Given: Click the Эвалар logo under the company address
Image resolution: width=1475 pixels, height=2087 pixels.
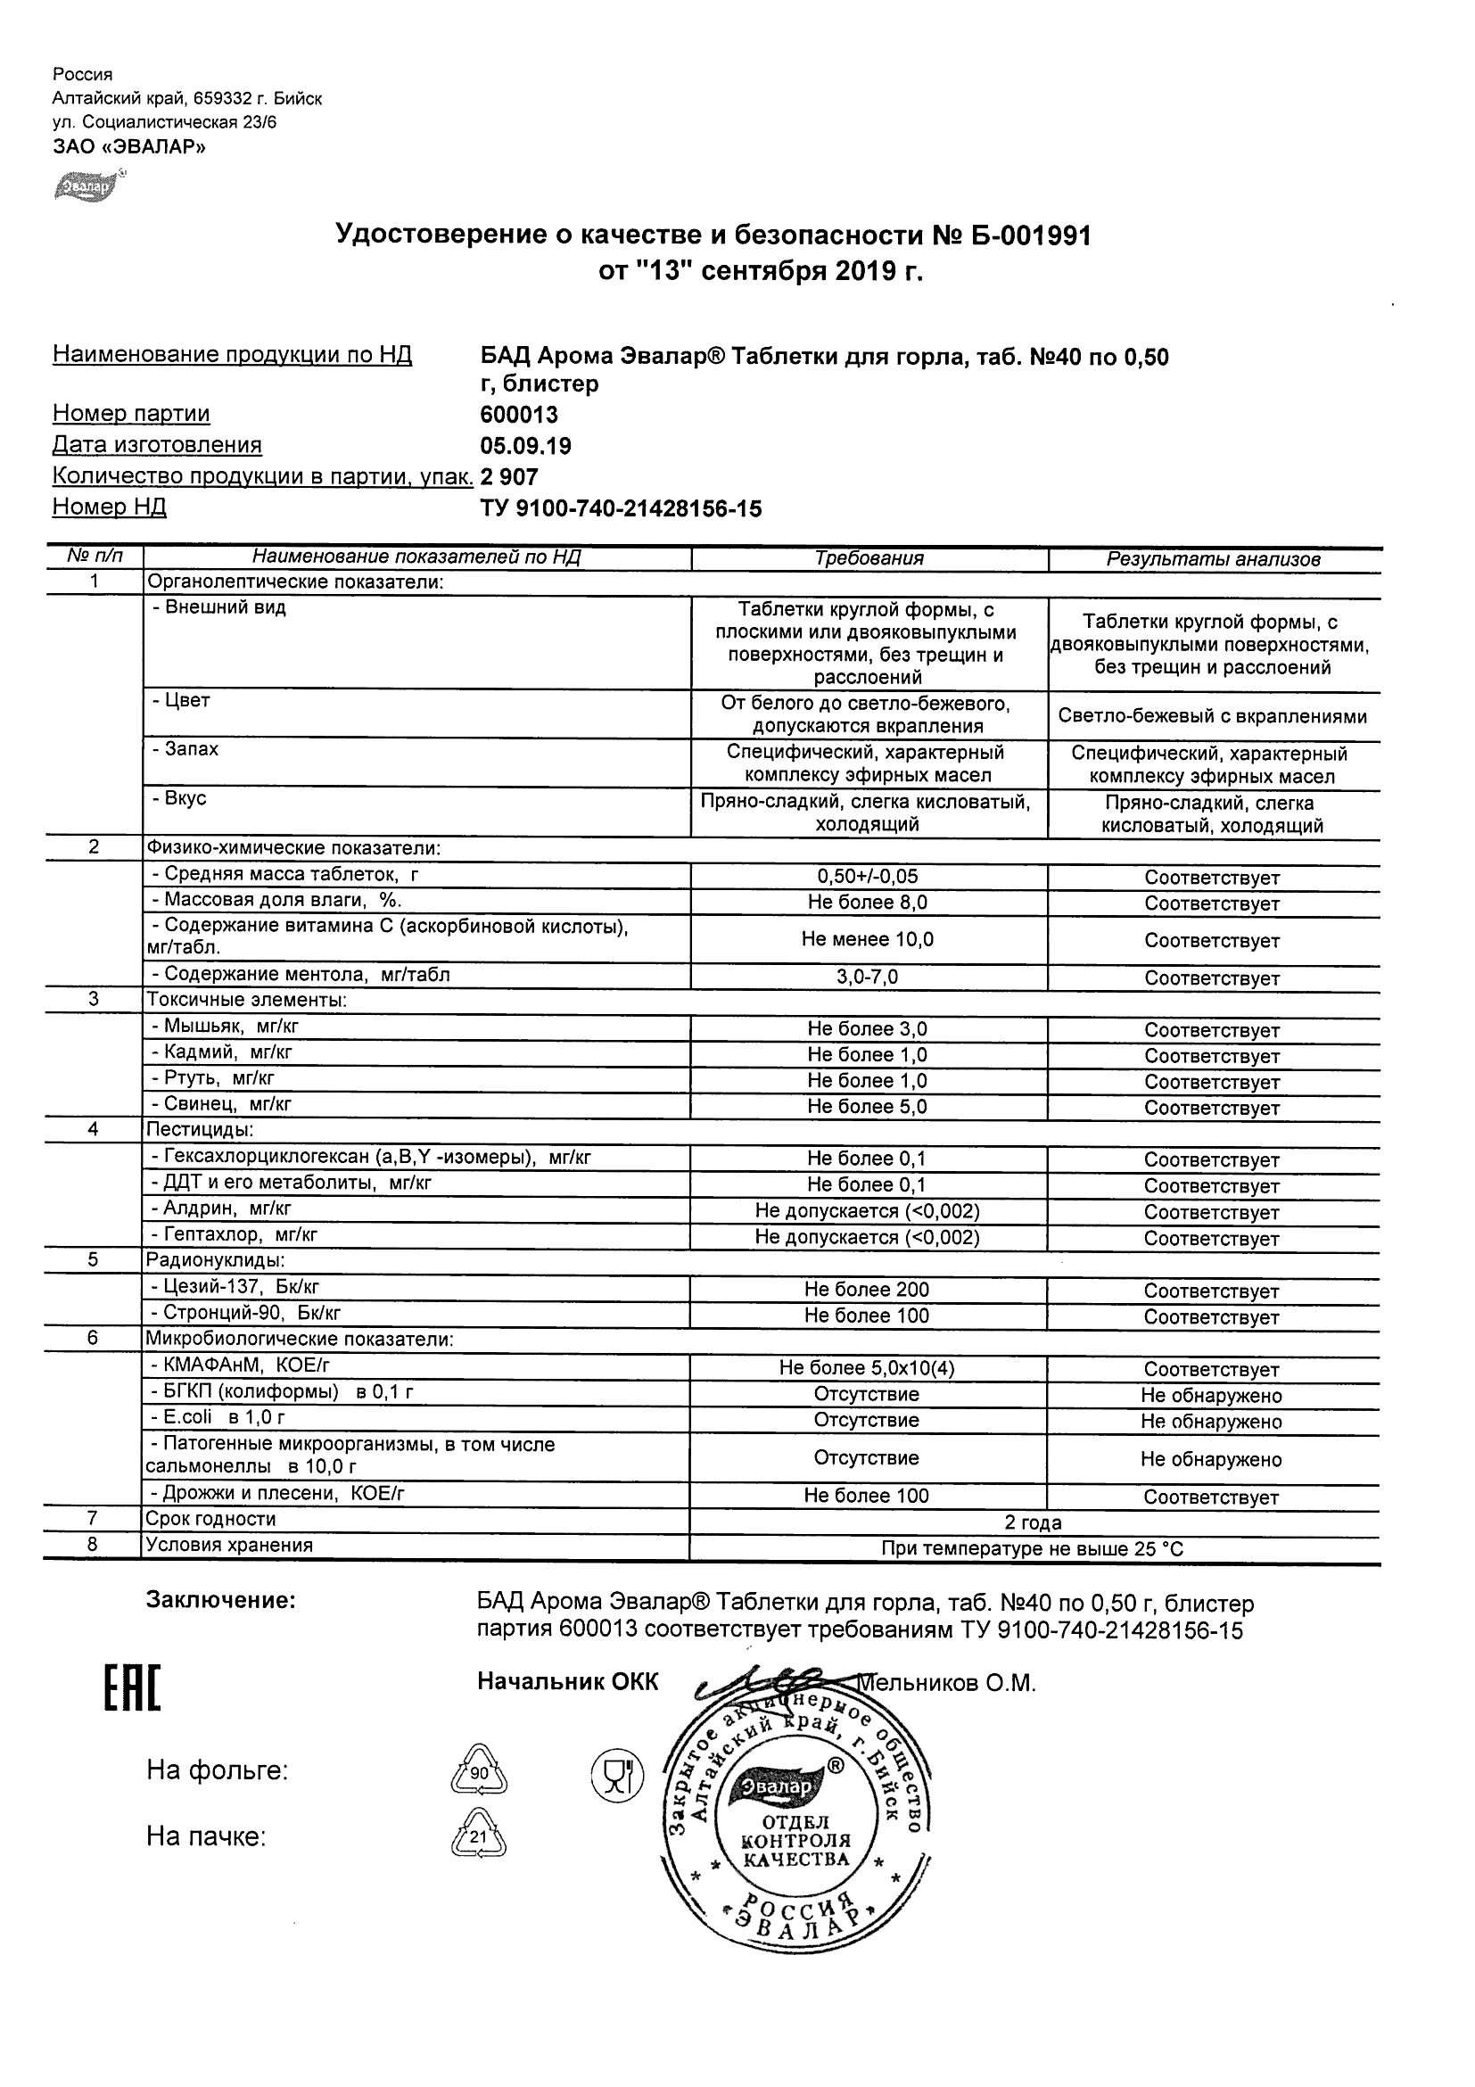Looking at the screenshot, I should click(x=88, y=186).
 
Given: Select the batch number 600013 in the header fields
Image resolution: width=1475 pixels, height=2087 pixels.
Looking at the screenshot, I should click(x=519, y=416).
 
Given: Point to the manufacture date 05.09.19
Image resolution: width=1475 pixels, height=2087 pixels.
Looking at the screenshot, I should click(x=525, y=446).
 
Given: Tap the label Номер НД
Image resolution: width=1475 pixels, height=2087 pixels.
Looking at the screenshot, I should click(x=109, y=507).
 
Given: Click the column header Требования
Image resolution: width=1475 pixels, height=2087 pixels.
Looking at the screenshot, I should click(x=869, y=559).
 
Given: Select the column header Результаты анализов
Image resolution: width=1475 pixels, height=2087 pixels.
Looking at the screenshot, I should click(x=1212, y=560).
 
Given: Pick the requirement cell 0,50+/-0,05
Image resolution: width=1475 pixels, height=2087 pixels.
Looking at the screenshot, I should click(x=868, y=876).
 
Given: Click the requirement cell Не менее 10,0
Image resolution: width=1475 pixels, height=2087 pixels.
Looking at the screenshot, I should click(x=868, y=939).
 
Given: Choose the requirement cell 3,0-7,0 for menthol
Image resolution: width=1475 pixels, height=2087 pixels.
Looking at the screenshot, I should click(x=868, y=978).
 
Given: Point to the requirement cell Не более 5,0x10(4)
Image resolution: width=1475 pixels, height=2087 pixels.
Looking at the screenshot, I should click(x=868, y=1368).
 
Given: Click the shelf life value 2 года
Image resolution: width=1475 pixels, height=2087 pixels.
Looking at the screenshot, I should click(x=1033, y=1522).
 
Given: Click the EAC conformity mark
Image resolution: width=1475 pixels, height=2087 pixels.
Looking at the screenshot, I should click(x=132, y=1690).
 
